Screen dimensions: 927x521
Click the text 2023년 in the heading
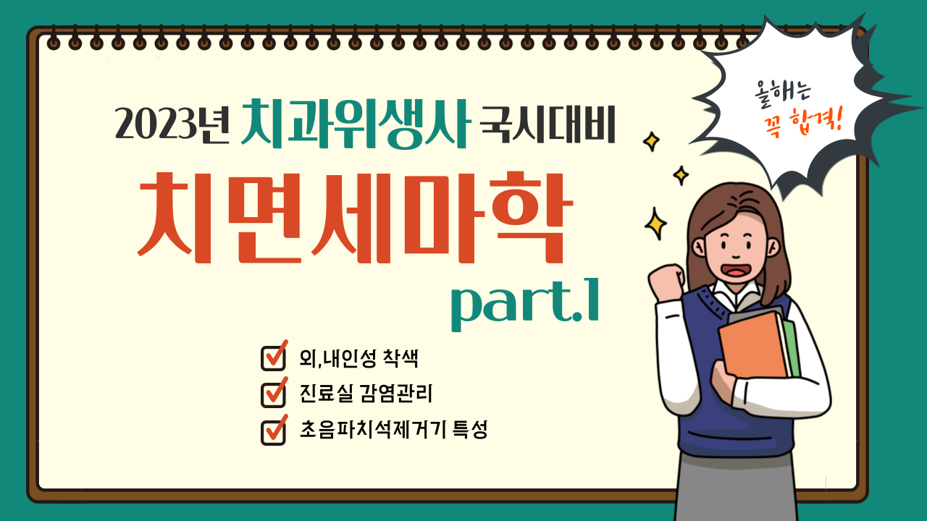click(x=172, y=123)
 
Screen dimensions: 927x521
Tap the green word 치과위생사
click(x=356, y=123)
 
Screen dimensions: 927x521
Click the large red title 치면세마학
click(x=355, y=218)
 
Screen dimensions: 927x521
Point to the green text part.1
click(x=525, y=305)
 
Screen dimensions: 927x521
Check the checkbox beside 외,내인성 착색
click(x=274, y=357)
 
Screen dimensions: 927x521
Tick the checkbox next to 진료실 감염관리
click(x=274, y=393)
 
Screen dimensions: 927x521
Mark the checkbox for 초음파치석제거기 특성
click(x=274, y=431)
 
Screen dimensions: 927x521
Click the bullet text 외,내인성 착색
click(x=358, y=358)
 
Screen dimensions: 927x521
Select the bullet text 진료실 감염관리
click(x=366, y=393)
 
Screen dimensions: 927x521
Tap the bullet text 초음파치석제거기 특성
click(x=393, y=430)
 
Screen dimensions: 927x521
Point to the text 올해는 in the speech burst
click(x=781, y=93)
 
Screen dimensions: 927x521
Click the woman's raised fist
click(x=666, y=281)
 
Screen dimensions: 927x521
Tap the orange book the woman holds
click(x=753, y=345)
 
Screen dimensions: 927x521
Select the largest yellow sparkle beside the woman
click(x=655, y=224)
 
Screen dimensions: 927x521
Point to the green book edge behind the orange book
click(x=791, y=348)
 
